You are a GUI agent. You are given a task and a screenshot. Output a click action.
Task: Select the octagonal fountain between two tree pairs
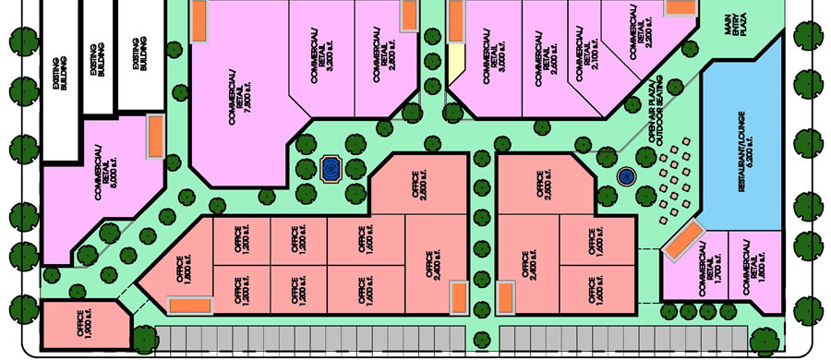(x=330, y=168)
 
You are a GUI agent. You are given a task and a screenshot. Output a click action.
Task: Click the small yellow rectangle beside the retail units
(x=455, y=66)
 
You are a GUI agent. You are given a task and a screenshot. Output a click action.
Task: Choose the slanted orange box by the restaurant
(x=684, y=243)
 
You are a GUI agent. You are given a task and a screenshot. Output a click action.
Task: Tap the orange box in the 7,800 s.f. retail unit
(x=199, y=21)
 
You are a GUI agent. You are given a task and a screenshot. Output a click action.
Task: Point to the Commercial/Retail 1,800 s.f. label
(x=752, y=264)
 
